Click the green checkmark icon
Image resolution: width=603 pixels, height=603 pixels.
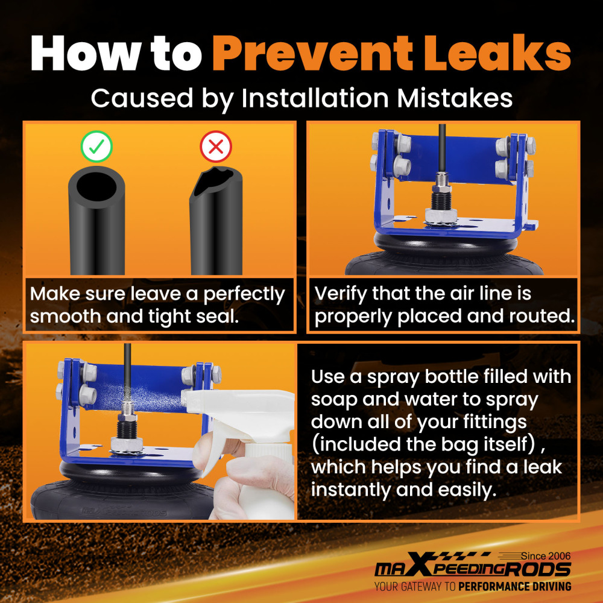pos(96,147)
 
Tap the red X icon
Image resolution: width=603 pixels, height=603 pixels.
pos(216,147)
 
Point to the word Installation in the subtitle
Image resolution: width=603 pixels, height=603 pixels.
pos(315,98)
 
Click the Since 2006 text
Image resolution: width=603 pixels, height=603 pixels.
pos(546,556)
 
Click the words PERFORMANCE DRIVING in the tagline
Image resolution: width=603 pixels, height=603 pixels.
pos(515,587)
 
